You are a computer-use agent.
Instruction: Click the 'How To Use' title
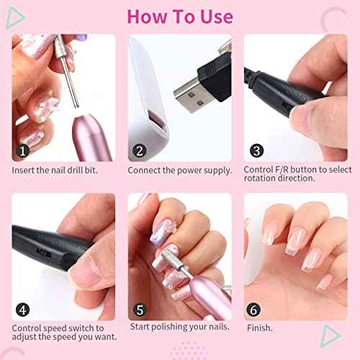(180, 17)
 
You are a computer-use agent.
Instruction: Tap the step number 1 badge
(23, 151)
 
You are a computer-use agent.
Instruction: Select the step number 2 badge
(138, 151)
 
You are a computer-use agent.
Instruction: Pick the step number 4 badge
(23, 310)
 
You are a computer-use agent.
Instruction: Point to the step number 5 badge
(138, 310)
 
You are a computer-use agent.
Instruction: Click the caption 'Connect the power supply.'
(179, 171)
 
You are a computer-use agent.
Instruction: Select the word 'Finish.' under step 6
(260, 328)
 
